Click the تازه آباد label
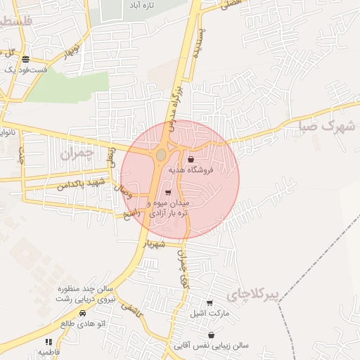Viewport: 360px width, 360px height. tap(139, 4)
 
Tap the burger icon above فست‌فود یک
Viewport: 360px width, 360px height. tap(25, 59)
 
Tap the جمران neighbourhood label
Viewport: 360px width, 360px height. tap(77, 153)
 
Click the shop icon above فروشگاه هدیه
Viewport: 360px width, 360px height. tap(191, 159)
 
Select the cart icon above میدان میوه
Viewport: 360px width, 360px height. tap(167, 193)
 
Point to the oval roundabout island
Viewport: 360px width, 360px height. tap(161, 154)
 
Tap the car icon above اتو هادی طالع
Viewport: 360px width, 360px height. tap(82, 313)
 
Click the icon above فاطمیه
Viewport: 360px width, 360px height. tap(48, 341)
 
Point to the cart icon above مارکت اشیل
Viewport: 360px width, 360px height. tap(210, 303)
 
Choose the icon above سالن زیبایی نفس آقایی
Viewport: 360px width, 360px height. tap(212, 335)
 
